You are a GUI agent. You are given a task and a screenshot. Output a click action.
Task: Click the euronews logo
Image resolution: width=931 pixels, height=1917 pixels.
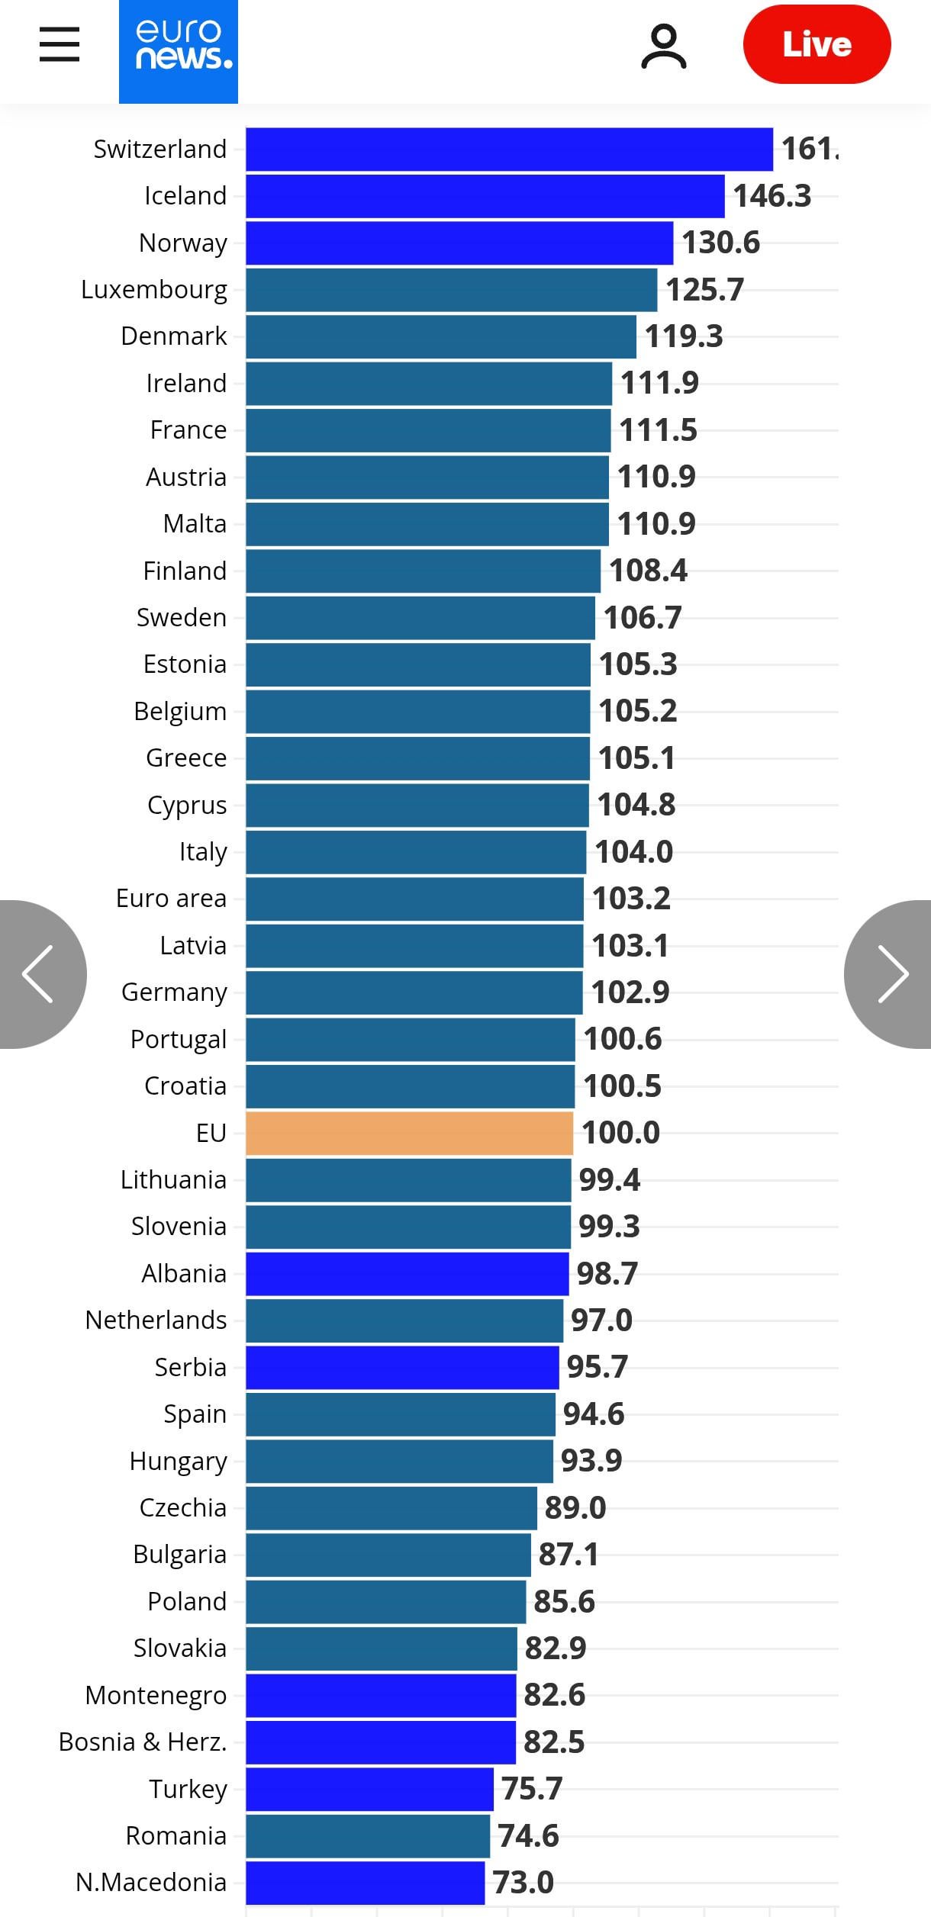tap(178, 50)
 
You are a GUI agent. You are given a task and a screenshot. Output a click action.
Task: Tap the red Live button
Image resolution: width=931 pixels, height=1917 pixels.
tap(817, 44)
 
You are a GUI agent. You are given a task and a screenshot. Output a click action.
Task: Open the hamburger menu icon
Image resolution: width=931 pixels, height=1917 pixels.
tap(60, 44)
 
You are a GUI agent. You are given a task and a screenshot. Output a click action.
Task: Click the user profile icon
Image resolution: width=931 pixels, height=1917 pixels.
tap(663, 46)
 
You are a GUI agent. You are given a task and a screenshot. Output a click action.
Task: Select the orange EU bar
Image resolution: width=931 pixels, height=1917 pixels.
tap(409, 1133)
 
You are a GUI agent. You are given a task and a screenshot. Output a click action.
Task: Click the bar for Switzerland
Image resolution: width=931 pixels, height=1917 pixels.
tap(509, 150)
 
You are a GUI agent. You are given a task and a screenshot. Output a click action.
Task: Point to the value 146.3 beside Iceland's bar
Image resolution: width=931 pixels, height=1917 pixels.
tap(772, 196)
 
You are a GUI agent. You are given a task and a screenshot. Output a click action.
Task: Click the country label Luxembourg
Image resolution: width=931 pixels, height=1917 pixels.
tap(154, 290)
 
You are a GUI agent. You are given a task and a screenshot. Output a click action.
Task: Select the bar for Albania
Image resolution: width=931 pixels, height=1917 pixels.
tap(407, 1273)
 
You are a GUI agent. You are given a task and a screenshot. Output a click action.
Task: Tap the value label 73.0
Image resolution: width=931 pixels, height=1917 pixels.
tap(523, 1882)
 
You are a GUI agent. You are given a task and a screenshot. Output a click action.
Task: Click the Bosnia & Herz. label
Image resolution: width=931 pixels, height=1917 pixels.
tap(143, 1742)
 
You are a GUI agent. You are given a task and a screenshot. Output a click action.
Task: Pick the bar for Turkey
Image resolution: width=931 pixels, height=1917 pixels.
tap(369, 1789)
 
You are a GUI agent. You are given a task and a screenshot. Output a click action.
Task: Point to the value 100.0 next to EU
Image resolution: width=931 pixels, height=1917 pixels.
tap(620, 1133)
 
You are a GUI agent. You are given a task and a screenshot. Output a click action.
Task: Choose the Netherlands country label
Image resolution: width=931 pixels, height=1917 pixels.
tap(156, 1320)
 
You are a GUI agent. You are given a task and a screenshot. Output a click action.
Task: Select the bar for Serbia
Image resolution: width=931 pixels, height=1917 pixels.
tap(402, 1367)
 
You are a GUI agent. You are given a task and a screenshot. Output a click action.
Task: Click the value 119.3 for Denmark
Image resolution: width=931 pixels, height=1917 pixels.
tap(684, 336)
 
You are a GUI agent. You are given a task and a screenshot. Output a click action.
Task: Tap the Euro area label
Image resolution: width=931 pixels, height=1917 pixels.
tap(171, 899)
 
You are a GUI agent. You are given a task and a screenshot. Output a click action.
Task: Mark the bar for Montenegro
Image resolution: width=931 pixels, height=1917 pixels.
tap(381, 1695)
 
